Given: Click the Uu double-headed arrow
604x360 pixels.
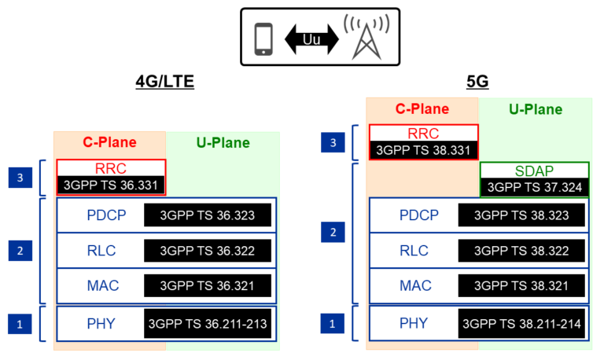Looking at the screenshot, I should click(x=311, y=39).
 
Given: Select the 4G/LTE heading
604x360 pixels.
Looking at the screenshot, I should click(x=165, y=82).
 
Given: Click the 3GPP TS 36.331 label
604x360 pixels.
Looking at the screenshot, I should click(x=112, y=186).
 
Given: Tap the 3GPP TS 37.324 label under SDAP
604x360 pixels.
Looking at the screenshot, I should click(x=534, y=187).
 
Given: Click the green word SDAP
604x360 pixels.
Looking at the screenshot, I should click(x=534, y=171).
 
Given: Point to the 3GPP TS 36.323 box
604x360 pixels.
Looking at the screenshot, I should click(x=208, y=215).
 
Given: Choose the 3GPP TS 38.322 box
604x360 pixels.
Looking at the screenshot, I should click(x=521, y=251).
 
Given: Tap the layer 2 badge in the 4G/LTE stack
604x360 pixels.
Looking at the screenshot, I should click(x=20, y=251).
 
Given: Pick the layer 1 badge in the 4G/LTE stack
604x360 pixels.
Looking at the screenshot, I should click(x=20, y=323).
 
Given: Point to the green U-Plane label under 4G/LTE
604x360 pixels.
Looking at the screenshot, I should click(x=222, y=143).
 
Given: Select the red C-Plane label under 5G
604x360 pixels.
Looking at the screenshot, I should click(x=422, y=109).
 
